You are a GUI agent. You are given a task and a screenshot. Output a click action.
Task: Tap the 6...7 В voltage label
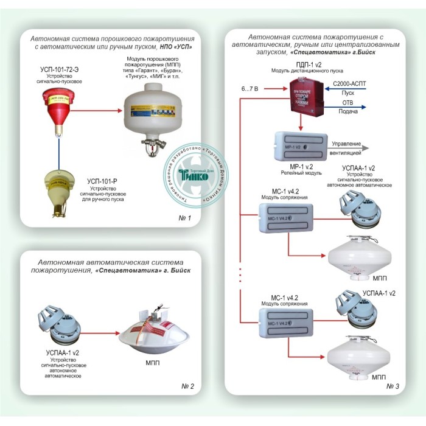(x=251, y=89)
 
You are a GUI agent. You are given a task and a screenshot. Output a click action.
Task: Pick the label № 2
(x=187, y=386)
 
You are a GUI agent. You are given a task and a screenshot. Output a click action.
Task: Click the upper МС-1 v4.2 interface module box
(x=286, y=217)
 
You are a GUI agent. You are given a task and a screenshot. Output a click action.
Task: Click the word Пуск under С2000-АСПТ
(x=348, y=93)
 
